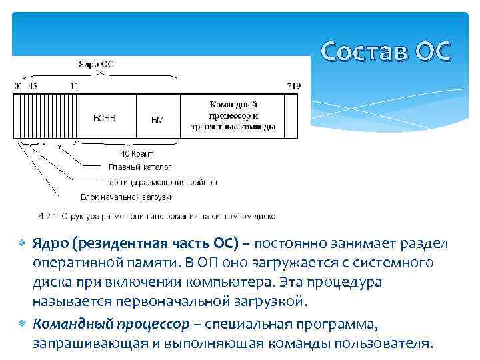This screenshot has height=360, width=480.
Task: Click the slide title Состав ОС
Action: pyautogui.click(x=385, y=51)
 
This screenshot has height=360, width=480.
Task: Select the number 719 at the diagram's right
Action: pyautogui.click(x=293, y=86)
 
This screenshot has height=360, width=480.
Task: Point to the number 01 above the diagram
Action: pyautogui.click(x=18, y=86)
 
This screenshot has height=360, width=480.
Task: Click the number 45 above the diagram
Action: pyautogui.click(x=33, y=86)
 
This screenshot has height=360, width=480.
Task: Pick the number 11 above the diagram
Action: pyautogui.click(x=73, y=86)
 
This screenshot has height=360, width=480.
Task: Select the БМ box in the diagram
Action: pyautogui.click(x=157, y=118)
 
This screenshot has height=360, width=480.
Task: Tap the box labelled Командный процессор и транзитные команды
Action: pyautogui.click(x=233, y=116)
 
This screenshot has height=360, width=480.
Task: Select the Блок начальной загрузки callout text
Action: pyautogui.click(x=127, y=197)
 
